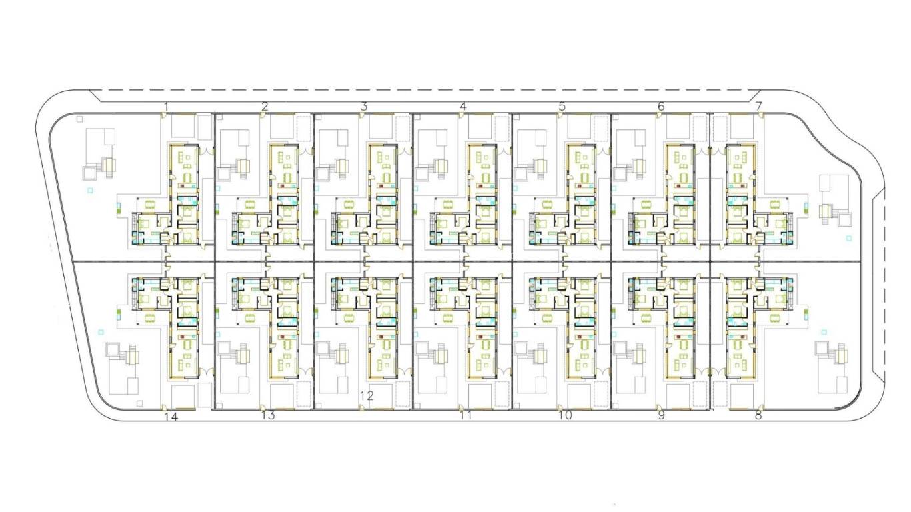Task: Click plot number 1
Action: coord(166,107)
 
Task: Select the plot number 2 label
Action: coord(265,107)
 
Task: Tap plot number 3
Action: coord(364,107)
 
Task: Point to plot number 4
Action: coord(463,107)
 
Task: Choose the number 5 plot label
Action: coord(562,107)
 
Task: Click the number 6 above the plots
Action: coord(661,107)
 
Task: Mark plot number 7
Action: coord(758,107)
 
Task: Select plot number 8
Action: coord(758,415)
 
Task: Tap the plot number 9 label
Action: coord(662,415)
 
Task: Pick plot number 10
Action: coord(565,415)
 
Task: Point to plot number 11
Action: coord(466,415)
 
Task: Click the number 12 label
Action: coord(367,396)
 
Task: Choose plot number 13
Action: coord(268,415)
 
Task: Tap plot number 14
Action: coord(171,417)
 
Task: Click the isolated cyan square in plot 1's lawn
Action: coord(90,190)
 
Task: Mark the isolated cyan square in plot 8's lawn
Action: coord(824,332)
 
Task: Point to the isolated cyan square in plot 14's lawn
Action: coord(101,332)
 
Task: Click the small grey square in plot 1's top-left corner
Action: coord(80,119)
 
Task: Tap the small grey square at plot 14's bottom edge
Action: coord(139,403)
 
